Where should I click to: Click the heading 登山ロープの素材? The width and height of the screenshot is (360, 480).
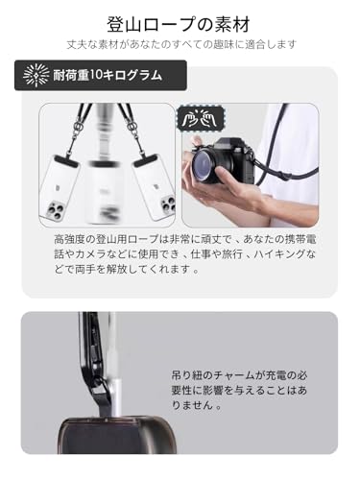click(180, 20)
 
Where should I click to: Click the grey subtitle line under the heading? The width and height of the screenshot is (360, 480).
click(180, 44)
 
